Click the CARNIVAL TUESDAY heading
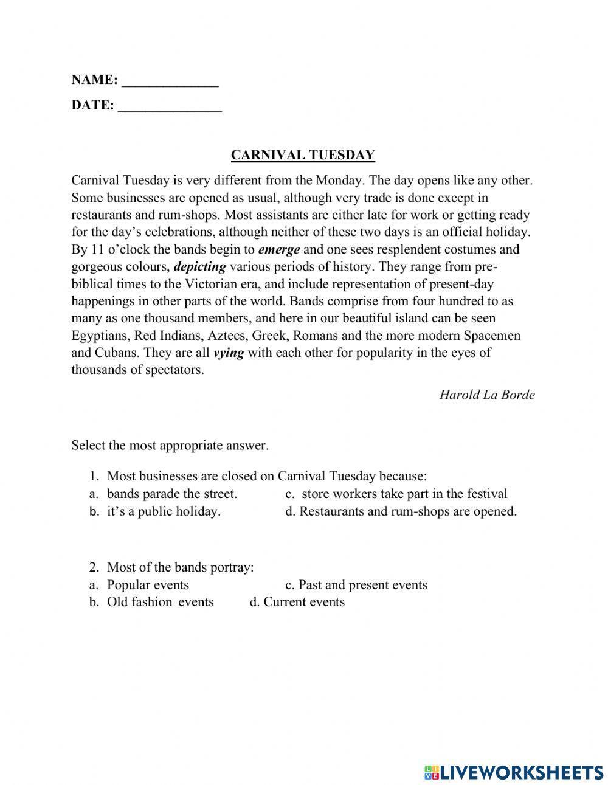303,155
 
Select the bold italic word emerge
279,249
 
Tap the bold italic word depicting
200,266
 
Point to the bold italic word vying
229,353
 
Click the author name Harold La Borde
487,395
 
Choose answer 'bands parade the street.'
172,494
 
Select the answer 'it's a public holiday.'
164,511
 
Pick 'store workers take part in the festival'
404,494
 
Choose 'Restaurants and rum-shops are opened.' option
407,511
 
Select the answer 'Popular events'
148,584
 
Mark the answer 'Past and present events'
362,584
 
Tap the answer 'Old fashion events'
161,601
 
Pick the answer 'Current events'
304,601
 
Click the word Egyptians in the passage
100,336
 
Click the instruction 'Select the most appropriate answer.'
170,445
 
